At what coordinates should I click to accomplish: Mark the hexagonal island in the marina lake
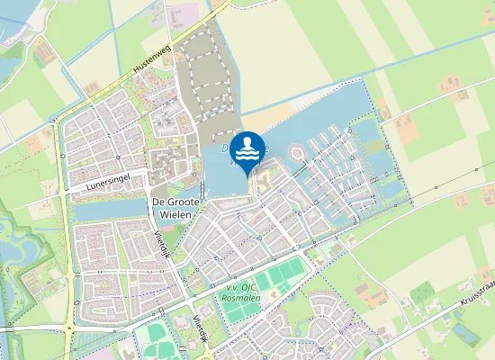point(296,155)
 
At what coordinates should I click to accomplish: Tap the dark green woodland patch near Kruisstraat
point(422,293)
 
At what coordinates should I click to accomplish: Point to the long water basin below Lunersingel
point(108,210)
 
